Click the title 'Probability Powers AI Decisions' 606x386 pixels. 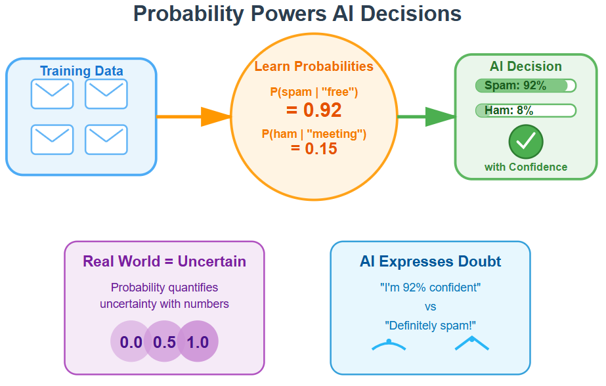click(x=297, y=14)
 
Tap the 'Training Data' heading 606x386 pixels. click(x=81, y=71)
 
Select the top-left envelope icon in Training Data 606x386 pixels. click(x=52, y=94)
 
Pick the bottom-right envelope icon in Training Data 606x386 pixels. click(x=106, y=139)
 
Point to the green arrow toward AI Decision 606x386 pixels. click(x=426, y=117)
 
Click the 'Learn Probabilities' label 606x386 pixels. click(x=314, y=66)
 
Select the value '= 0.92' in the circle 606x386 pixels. click(x=314, y=110)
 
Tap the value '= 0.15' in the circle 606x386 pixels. click(x=314, y=149)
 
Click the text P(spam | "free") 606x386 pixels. click(x=314, y=92)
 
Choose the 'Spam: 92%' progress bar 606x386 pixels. click(x=525, y=86)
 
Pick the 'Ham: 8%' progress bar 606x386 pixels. click(x=525, y=110)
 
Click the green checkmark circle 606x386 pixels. click(x=526, y=140)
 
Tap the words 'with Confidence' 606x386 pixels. click(x=526, y=167)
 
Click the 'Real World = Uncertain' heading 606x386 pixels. click(x=164, y=261)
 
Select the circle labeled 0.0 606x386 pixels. click(x=131, y=342)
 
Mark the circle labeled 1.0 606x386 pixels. click(x=198, y=342)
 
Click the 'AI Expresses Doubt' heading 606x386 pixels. click(x=430, y=261)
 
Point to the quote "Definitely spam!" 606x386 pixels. click(x=430, y=326)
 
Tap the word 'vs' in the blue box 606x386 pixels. click(x=430, y=307)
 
